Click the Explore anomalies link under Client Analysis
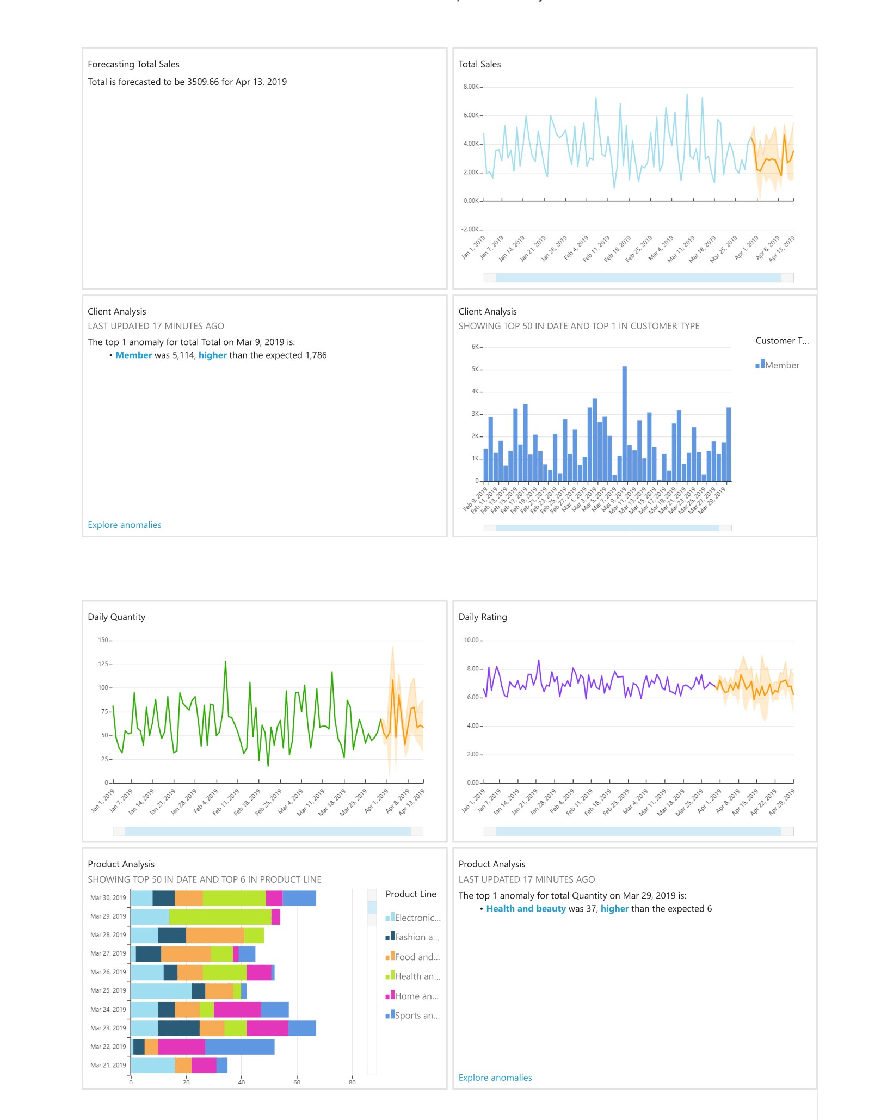coord(124,525)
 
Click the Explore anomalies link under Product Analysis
coord(495,1077)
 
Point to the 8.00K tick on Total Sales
coord(471,87)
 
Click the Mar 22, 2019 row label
coord(108,1047)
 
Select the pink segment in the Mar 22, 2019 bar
coord(181,1047)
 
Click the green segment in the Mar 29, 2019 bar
coord(220,916)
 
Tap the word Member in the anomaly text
coord(133,355)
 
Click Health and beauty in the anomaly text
coord(526,908)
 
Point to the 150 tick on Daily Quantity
coord(103,640)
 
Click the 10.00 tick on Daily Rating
coord(471,640)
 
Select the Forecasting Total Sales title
coord(133,64)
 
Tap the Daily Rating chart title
coord(482,617)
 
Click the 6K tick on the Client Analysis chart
coord(475,347)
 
